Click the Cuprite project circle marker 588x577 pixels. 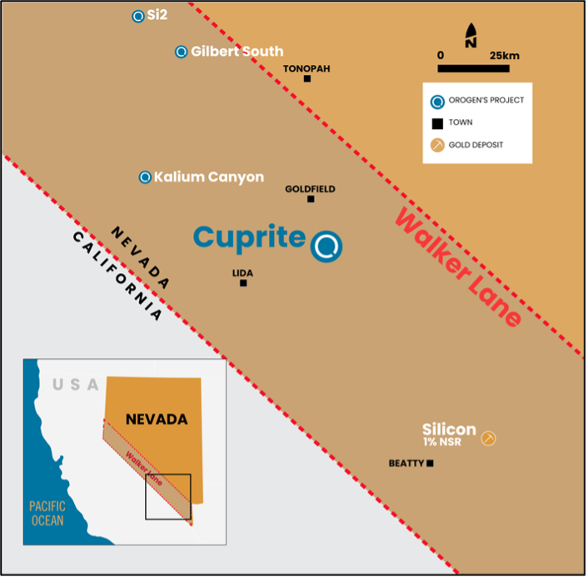326,246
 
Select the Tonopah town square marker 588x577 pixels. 307,79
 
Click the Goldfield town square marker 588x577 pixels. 311,199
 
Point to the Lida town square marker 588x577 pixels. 243,283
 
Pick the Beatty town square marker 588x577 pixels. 430,463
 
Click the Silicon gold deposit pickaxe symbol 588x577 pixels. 489,438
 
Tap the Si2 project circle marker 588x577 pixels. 138,16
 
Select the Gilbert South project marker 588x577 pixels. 181,52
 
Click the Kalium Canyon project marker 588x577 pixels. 145,177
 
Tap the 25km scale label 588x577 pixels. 504,55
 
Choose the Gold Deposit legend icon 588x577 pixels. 436,145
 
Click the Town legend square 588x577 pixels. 436,123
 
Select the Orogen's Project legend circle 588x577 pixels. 436,102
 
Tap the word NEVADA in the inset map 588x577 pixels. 157,419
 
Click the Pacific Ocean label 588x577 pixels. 47,513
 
